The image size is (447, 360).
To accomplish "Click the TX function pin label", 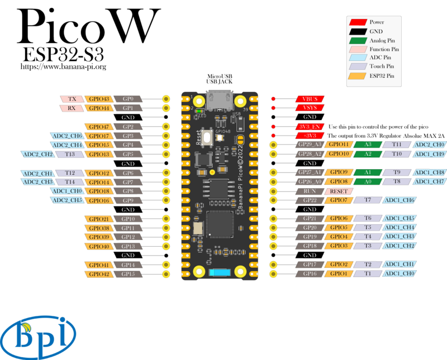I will pos(72,99).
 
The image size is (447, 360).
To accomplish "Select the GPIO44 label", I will pos(99,108).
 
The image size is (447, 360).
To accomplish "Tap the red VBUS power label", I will pos(310,99).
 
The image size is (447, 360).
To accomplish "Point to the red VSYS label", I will pos(310,108).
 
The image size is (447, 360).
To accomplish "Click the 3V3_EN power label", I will pos(310,127).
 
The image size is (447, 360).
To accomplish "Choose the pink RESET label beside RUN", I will pos(339,191).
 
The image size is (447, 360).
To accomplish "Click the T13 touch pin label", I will pos(70,154).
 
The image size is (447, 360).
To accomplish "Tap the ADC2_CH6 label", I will pos(66,136).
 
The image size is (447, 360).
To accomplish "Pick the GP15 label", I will pos(128,274).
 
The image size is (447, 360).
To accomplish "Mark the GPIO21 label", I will pos(99,218).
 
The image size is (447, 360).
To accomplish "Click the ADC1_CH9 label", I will pos(430,154).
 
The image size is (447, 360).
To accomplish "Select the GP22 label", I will pos(310,200).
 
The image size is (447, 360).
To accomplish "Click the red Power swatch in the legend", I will pos(358,22).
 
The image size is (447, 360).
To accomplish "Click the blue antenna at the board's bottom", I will pos(218,272).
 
